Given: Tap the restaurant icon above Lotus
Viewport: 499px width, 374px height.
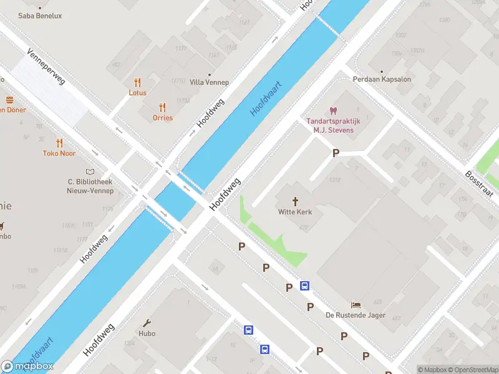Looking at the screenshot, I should (138, 82).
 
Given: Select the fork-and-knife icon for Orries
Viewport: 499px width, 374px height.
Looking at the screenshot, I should (163, 107).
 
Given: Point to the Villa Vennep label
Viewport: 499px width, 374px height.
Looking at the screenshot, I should (209, 82).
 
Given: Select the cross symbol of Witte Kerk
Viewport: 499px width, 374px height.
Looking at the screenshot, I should (295, 201).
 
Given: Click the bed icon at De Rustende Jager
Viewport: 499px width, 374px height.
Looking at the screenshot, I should (356, 305).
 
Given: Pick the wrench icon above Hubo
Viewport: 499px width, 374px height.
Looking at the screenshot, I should (147, 323).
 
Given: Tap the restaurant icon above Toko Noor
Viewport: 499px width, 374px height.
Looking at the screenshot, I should (59, 143).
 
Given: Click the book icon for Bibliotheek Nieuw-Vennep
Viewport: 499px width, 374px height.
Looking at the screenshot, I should (90, 171).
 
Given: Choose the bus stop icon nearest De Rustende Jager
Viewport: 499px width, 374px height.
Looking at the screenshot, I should (304, 285).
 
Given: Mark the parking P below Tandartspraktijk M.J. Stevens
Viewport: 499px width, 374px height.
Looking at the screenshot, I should (336, 153).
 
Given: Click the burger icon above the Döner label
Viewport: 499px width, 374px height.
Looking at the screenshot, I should (9, 100).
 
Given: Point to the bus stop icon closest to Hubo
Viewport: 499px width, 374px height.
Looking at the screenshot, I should (248, 329).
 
